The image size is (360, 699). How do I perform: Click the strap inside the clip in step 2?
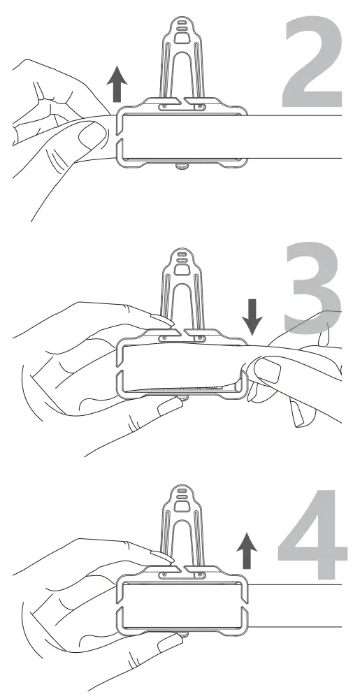pyautogui.click(x=182, y=136)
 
